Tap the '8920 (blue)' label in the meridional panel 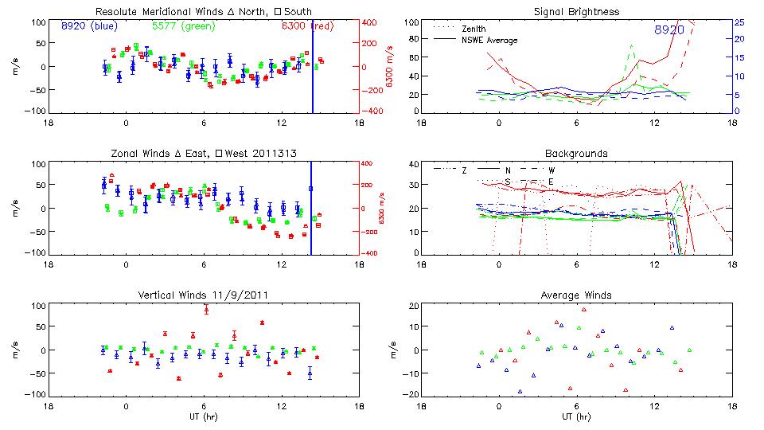[88, 26]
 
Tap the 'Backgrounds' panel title [577, 153]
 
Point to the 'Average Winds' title [577, 295]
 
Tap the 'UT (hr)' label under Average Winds [577, 416]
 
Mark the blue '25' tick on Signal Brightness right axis [739, 22]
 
